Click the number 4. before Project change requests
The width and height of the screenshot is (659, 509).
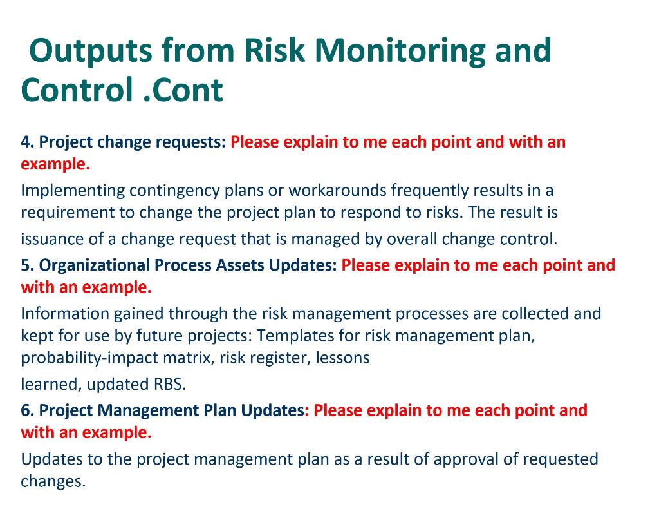[28, 142]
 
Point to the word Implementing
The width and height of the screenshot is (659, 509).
[73, 191]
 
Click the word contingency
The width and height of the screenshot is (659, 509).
[174, 191]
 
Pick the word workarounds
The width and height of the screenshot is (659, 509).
[337, 191]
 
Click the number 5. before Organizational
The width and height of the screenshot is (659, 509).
[28, 265]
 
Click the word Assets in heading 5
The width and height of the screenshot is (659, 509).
[240, 265]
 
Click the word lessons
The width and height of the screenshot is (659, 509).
[342, 358]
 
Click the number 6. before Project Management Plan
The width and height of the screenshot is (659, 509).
[28, 410]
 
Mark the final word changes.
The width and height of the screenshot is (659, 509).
[53, 481]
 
